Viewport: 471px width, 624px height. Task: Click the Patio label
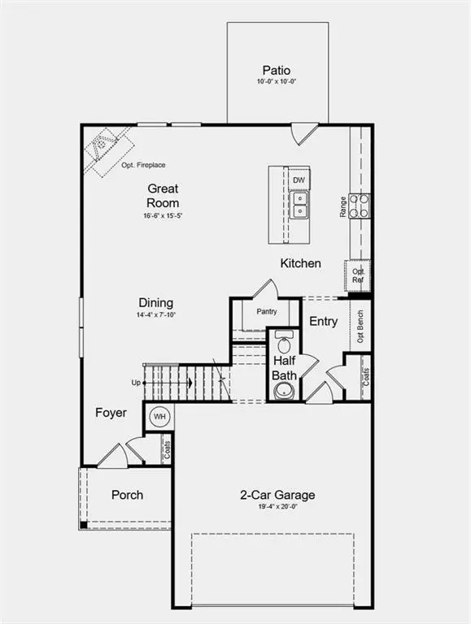coord(276,71)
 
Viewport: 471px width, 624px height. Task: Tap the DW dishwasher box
coord(299,180)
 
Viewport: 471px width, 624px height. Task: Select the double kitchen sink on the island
coord(299,204)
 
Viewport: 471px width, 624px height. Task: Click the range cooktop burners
coord(359,206)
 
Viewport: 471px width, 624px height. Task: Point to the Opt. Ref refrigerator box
coord(358,275)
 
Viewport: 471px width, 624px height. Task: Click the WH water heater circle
coord(159,417)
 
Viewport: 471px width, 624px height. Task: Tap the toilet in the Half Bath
coord(284,342)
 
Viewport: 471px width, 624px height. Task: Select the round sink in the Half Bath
coord(284,390)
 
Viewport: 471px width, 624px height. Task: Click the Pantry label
coord(267,312)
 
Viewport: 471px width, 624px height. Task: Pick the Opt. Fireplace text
coord(143,165)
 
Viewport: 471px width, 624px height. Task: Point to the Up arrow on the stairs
coord(168,383)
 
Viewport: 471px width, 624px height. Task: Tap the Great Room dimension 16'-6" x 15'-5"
coord(163,215)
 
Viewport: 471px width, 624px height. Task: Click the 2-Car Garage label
coord(277,495)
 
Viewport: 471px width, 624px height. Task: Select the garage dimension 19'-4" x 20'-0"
coord(277,507)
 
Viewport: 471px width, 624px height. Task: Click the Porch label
coord(127,495)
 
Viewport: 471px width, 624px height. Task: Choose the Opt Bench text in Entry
coord(360,327)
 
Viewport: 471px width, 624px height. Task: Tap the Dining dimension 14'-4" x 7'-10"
coord(156,314)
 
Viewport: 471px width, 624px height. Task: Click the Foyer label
coord(111,413)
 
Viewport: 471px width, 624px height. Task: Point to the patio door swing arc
coord(295,137)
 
